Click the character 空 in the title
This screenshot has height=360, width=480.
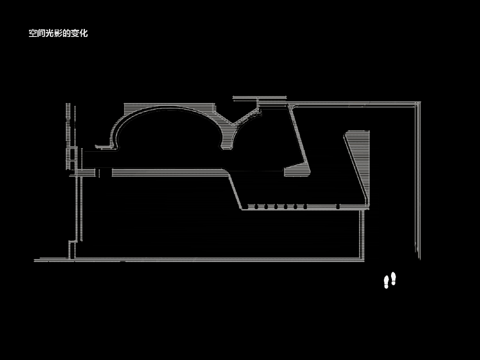[33, 33]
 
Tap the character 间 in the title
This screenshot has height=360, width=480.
[41, 33]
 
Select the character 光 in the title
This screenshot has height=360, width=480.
[49, 33]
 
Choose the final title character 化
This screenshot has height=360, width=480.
[84, 33]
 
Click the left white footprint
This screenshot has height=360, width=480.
[386, 282]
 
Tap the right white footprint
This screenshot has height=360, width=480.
[393, 279]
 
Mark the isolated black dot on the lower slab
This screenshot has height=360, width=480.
[338, 207]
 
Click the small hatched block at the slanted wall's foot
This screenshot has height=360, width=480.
[297, 170]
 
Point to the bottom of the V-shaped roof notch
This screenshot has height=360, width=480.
[234, 124]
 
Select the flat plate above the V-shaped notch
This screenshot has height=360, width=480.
[260, 98]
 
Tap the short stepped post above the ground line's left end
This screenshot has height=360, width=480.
[73, 250]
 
